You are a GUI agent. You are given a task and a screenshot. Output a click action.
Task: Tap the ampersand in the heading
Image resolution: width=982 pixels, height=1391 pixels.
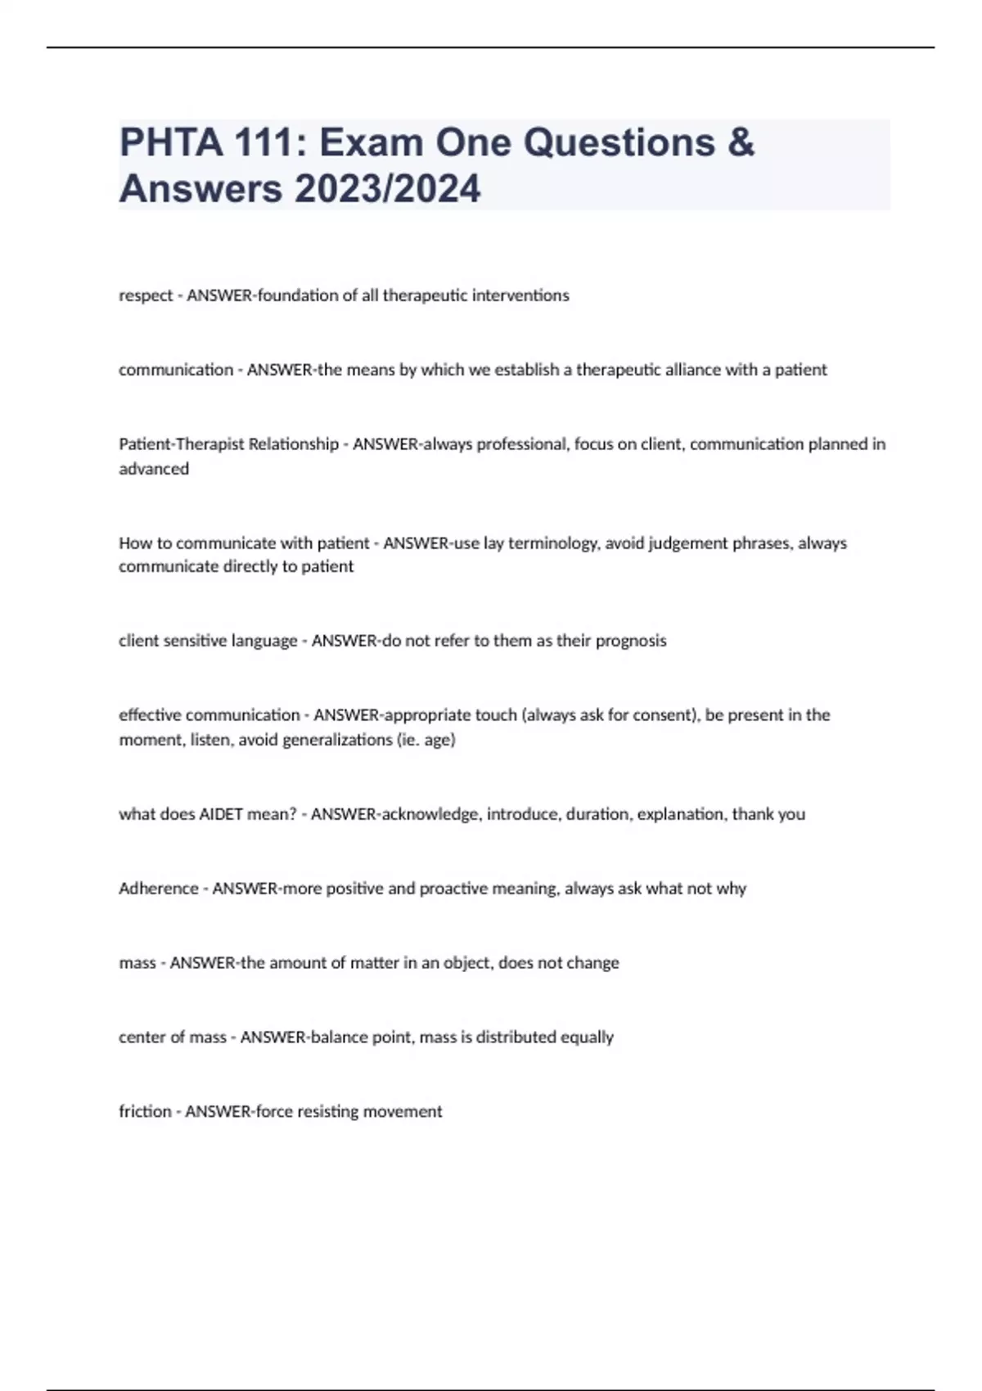740,142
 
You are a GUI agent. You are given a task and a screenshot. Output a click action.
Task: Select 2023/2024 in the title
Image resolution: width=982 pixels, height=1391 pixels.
388,189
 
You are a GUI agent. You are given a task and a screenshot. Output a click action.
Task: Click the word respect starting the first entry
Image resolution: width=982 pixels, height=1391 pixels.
146,295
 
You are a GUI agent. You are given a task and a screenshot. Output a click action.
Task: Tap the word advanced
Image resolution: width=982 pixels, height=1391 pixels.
154,469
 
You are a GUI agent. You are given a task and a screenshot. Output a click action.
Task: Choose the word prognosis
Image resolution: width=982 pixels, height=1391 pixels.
631,641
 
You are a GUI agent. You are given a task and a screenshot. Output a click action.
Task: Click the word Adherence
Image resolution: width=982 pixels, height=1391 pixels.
159,889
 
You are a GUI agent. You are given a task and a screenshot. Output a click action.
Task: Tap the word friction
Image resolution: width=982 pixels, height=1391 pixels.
145,1112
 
